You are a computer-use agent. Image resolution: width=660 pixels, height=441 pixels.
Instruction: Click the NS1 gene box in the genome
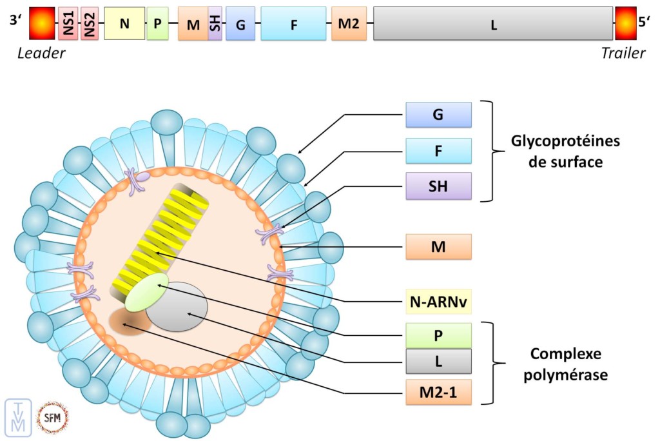click(68, 24)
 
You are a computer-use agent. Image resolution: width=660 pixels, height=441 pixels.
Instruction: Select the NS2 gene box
click(90, 24)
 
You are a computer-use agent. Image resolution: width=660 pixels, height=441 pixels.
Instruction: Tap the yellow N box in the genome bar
click(124, 24)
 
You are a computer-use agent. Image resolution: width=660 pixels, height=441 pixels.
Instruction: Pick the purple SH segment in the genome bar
click(215, 24)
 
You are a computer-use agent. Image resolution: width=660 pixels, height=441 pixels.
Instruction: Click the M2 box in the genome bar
click(349, 24)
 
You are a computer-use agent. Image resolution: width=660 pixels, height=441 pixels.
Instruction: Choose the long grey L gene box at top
click(493, 24)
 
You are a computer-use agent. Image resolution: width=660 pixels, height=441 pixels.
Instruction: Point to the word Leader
click(41, 54)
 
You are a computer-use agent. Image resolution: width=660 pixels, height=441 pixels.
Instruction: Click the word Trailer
click(623, 54)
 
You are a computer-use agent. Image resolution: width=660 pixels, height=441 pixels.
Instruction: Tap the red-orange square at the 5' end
click(625, 24)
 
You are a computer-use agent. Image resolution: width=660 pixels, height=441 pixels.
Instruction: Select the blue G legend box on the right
click(438, 115)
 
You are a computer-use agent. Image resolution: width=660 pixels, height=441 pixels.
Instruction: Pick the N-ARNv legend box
click(438, 301)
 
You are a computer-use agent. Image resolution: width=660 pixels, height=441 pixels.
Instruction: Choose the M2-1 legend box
click(438, 391)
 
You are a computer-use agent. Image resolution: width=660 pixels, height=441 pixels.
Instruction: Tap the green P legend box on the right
click(438, 336)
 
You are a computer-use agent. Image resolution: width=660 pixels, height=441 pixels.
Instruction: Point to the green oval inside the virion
click(147, 292)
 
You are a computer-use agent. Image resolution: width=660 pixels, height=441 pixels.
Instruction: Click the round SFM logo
click(52, 417)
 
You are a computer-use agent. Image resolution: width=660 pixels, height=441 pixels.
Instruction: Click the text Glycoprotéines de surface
click(556, 151)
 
